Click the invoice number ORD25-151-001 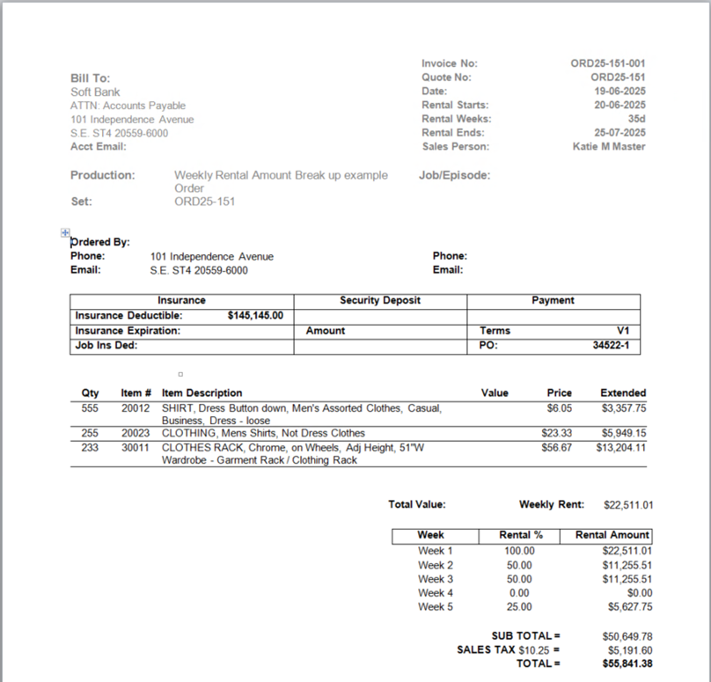(607, 63)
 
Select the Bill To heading (90, 78)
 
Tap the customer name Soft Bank (95, 92)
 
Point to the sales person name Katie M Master (608, 146)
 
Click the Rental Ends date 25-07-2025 (619, 133)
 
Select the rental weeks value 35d (636, 119)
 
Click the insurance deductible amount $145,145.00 (255, 315)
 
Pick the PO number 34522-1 (611, 346)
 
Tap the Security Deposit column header (380, 300)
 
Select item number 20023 (136, 433)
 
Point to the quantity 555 (90, 408)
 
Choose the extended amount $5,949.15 (624, 433)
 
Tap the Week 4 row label (436, 593)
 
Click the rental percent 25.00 (519, 607)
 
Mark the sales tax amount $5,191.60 (627, 649)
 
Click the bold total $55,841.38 (627, 664)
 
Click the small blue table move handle (65, 232)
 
